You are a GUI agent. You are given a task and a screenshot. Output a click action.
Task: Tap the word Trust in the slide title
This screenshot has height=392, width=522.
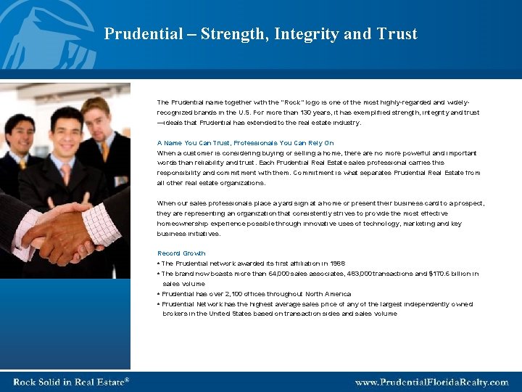(x=397, y=34)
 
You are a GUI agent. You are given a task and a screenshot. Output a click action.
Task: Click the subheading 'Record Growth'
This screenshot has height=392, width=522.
(x=181, y=253)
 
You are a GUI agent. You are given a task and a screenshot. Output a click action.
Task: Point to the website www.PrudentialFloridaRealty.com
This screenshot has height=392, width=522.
(x=431, y=382)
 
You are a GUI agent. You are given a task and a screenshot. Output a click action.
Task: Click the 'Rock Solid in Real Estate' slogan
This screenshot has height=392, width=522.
(x=71, y=382)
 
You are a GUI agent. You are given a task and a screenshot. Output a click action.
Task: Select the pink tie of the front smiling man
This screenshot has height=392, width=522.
(x=67, y=173)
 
